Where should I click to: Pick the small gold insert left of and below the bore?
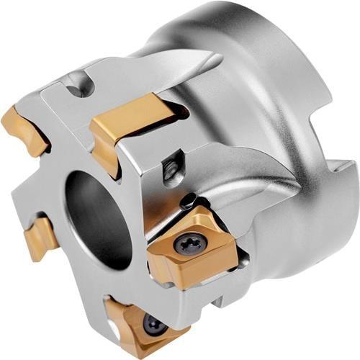(40, 238)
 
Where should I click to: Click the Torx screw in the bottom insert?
(153, 325)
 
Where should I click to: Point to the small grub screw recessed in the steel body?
(171, 171)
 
